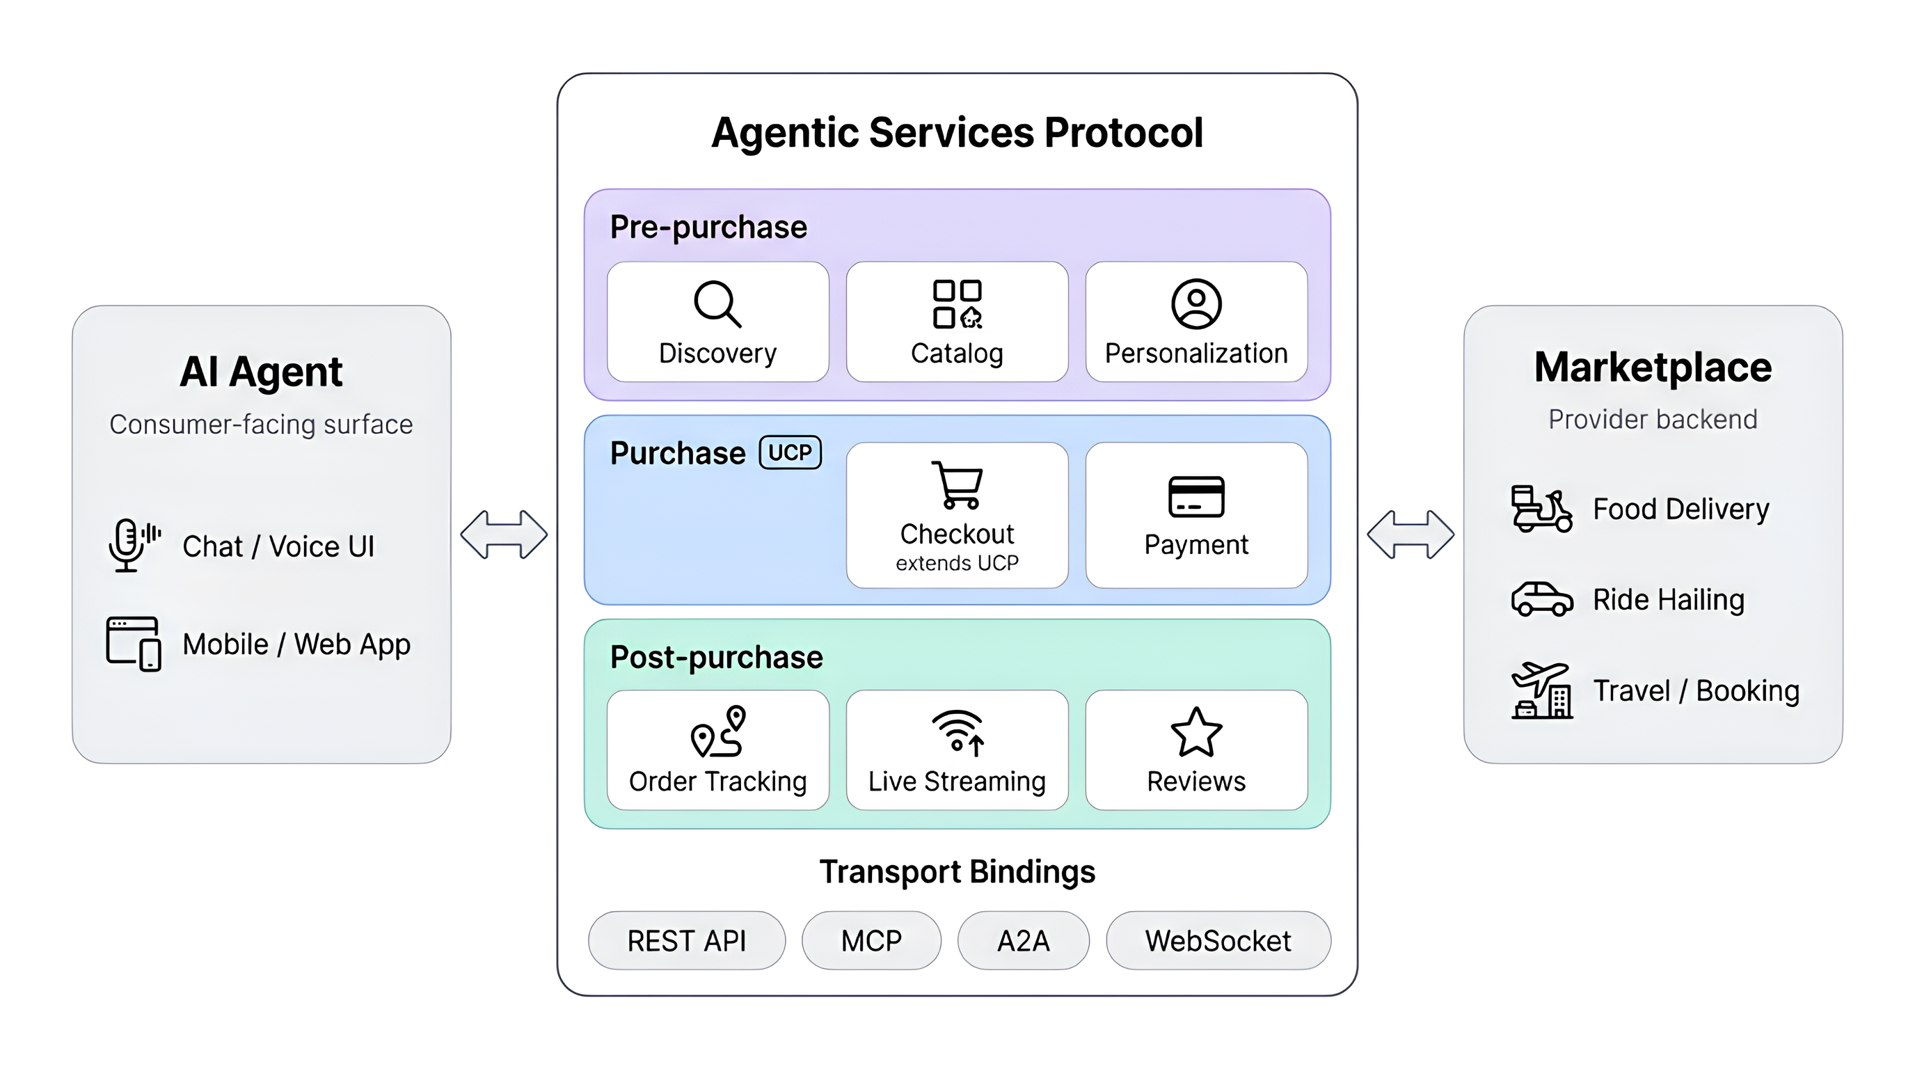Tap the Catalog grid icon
click(957, 303)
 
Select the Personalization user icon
click(1196, 303)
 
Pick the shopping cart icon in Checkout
click(957, 484)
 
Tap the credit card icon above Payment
click(1196, 496)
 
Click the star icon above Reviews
click(1196, 732)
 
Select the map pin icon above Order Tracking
click(718, 731)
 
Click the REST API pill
click(686, 940)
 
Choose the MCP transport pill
click(871, 940)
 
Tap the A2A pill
click(1023, 940)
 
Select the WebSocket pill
click(1218, 940)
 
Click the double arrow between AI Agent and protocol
click(504, 534)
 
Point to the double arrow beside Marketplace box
click(1411, 534)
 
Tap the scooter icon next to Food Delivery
click(1541, 509)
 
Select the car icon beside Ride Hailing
click(1542, 599)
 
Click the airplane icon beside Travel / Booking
click(1542, 690)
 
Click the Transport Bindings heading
click(957, 871)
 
